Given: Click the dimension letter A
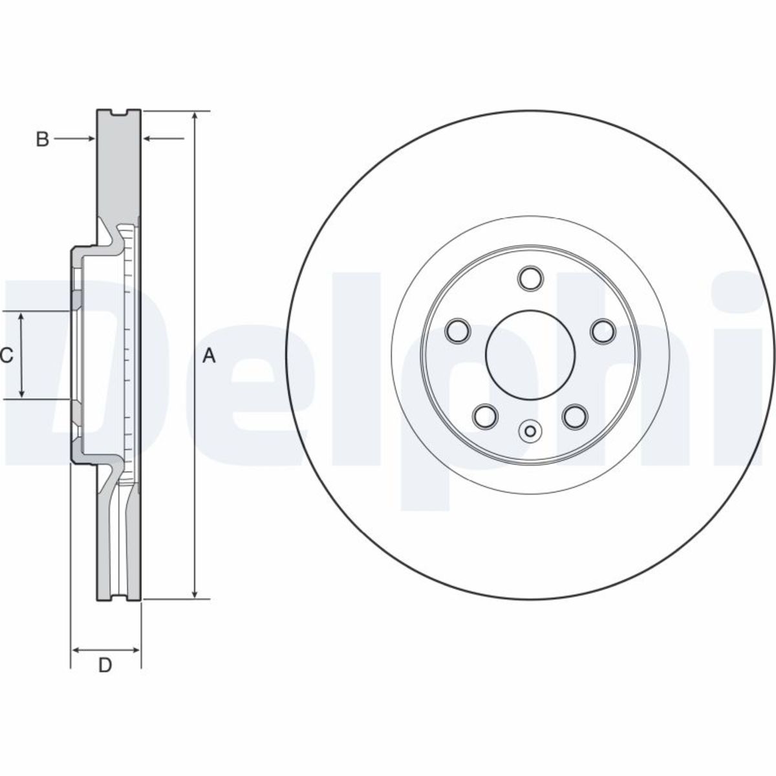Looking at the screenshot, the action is [209, 356].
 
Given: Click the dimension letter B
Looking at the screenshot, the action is [42, 139].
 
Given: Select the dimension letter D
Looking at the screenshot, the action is [105, 665].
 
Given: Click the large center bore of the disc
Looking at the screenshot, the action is [530, 355].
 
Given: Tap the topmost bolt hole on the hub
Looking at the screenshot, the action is [530, 278].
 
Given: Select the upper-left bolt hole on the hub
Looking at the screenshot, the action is [458, 330].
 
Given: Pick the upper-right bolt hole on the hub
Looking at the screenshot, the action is [603, 330].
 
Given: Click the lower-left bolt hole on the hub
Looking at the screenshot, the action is [485, 416].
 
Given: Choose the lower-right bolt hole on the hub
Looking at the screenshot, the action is [575, 416].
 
